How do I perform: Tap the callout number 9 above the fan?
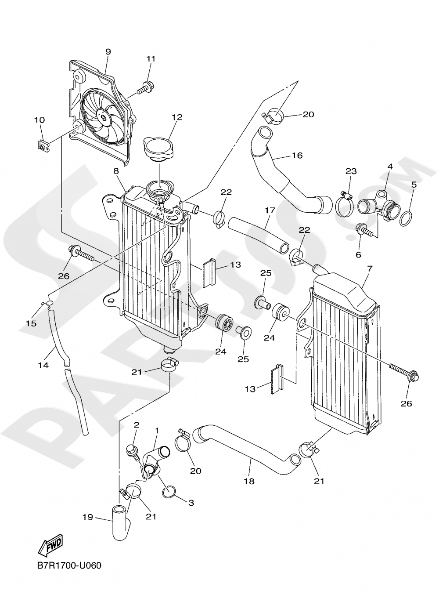(x=108, y=52)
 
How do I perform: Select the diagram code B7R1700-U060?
(x=69, y=565)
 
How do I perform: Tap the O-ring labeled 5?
(x=407, y=217)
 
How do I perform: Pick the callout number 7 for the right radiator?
(x=368, y=268)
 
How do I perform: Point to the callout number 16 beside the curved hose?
(x=297, y=156)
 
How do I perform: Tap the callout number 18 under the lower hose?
(x=249, y=482)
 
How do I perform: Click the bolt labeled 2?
(x=131, y=450)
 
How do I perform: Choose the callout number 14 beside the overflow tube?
(x=43, y=366)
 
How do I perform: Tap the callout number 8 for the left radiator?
(x=116, y=171)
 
